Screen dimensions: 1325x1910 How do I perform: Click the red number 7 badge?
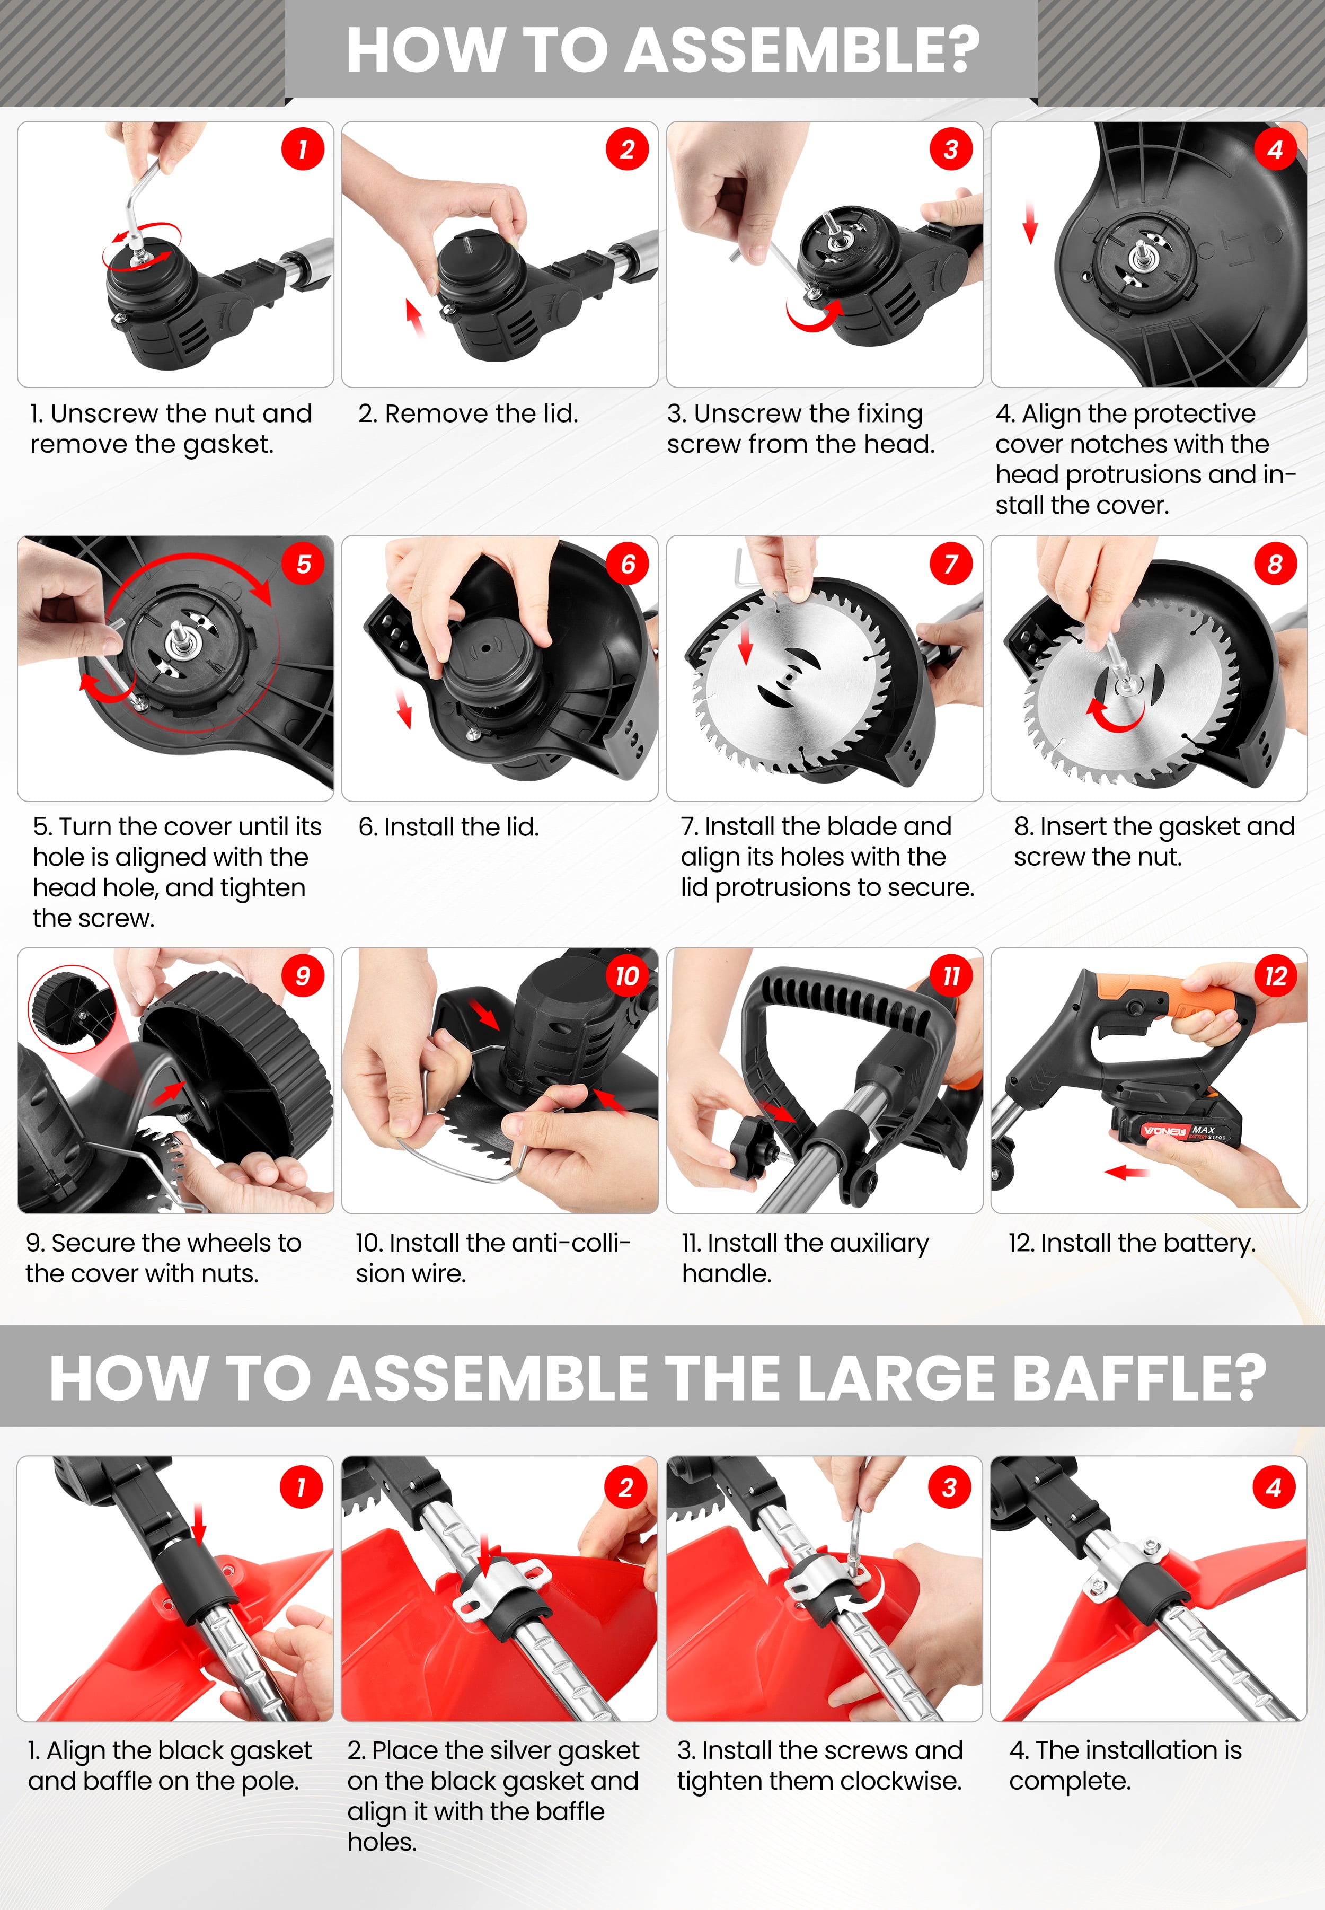(x=951, y=564)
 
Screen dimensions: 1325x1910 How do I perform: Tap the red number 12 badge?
(x=1275, y=976)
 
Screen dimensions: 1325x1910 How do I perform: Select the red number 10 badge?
(x=627, y=976)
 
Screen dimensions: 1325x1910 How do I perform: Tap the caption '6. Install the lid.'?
(x=448, y=827)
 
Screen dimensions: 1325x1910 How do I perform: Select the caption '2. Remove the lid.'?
(x=468, y=413)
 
